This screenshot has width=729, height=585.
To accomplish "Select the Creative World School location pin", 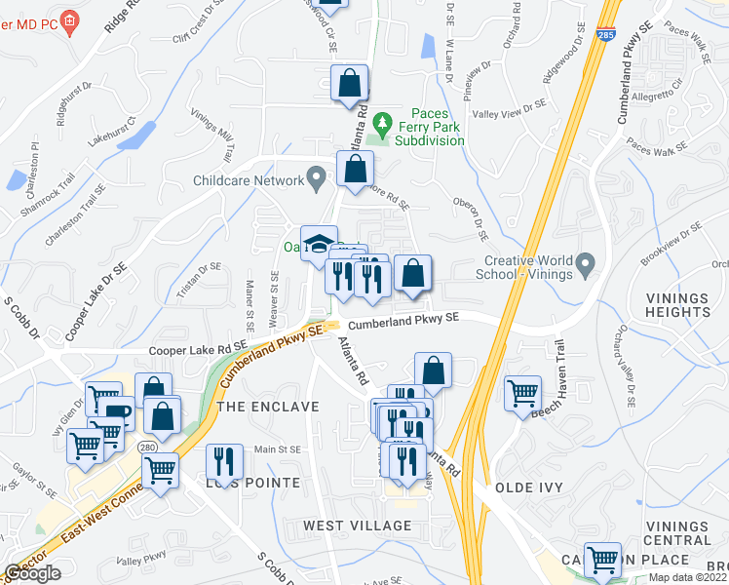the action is (x=585, y=264).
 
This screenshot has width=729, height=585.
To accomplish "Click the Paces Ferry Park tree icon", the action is (x=384, y=124).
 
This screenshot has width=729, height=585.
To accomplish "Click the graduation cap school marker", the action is (x=318, y=243).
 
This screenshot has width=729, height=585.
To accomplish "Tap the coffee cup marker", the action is (x=117, y=413).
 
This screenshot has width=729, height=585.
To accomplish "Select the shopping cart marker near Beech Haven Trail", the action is (x=523, y=393).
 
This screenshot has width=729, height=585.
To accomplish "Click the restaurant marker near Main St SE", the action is (x=225, y=461).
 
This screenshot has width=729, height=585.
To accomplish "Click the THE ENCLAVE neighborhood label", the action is (x=268, y=406).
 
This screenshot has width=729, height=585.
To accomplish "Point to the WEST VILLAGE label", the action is (x=357, y=526).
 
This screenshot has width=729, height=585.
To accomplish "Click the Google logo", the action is (x=32, y=573).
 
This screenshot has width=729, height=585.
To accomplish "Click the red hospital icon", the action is (x=69, y=20).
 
